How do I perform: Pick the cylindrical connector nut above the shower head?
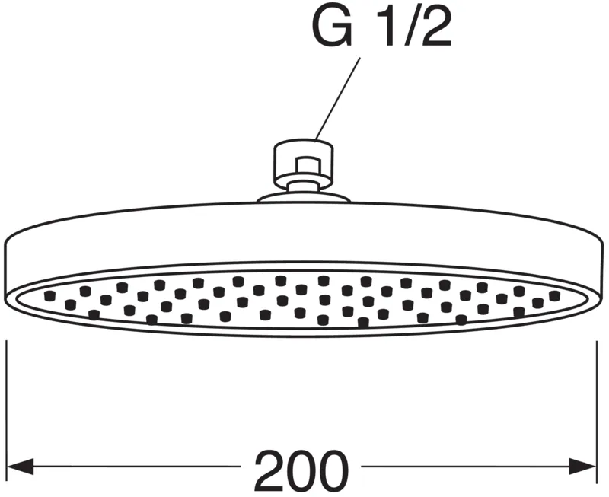pos(303,161)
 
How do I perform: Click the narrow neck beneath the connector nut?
pos(304,186)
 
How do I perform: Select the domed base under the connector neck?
pos(303,197)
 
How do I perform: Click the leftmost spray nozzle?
pos(49,296)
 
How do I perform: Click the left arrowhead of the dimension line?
pos(21,466)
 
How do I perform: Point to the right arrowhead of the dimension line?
pos(582,466)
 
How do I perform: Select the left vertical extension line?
pos(7,412)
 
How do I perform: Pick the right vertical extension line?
pos(597,412)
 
